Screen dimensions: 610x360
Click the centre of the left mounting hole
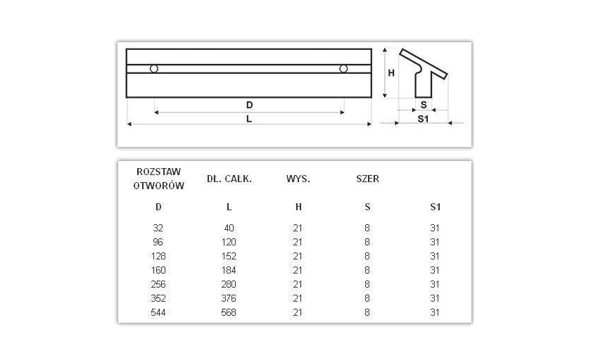154,69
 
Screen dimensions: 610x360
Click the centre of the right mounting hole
343,69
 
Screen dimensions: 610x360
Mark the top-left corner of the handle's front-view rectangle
127,49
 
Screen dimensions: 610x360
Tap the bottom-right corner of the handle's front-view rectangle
371,97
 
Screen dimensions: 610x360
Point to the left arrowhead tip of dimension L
127,124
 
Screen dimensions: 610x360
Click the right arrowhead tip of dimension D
344,112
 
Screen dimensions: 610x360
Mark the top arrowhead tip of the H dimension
385,49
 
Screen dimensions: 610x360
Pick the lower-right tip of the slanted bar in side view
445,79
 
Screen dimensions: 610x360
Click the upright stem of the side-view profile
424,84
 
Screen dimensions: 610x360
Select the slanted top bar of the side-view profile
424,64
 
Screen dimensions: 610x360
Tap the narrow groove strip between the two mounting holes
248,69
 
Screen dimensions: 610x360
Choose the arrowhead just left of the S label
414,110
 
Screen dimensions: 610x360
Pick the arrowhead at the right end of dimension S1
450,123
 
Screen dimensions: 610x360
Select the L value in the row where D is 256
229,284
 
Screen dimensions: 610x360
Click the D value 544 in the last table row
158,312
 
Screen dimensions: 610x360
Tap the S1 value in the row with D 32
435,229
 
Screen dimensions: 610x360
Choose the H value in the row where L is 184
298,270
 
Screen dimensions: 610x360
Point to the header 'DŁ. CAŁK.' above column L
229,179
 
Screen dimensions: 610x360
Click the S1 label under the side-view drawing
423,119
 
